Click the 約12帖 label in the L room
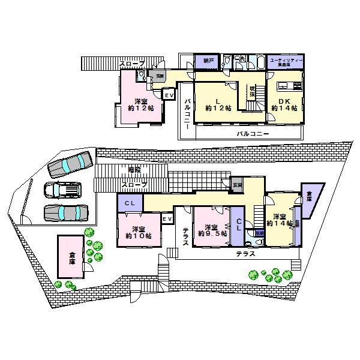tap(215, 108)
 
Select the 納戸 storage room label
tap(208, 61)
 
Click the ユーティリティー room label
tap(284, 61)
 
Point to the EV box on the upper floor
tap(169, 95)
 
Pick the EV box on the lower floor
tap(167, 220)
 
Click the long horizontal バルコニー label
tap(252, 133)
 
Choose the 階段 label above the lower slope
tap(136, 170)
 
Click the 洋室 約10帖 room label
tap(138, 232)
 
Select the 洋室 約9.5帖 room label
tap(211, 231)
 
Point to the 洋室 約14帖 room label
tap(280, 220)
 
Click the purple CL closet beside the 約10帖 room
tap(130, 203)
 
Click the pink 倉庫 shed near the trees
tap(71, 256)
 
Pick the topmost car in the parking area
tap(68, 164)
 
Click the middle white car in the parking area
tap(62, 190)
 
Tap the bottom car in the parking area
tap(66, 214)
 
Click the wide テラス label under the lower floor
tap(245, 254)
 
